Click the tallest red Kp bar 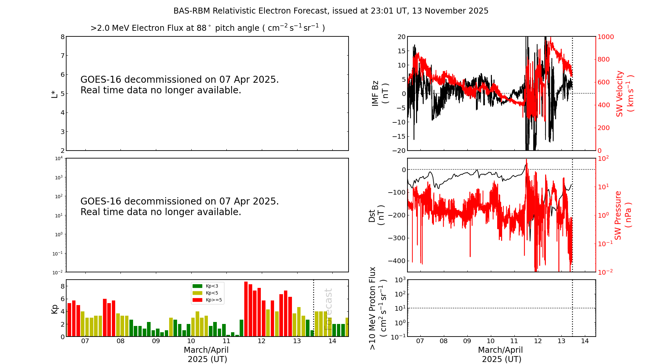tap(246, 308)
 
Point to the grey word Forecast tap(328, 309)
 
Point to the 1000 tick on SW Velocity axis tap(605, 37)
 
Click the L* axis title tap(54, 94)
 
